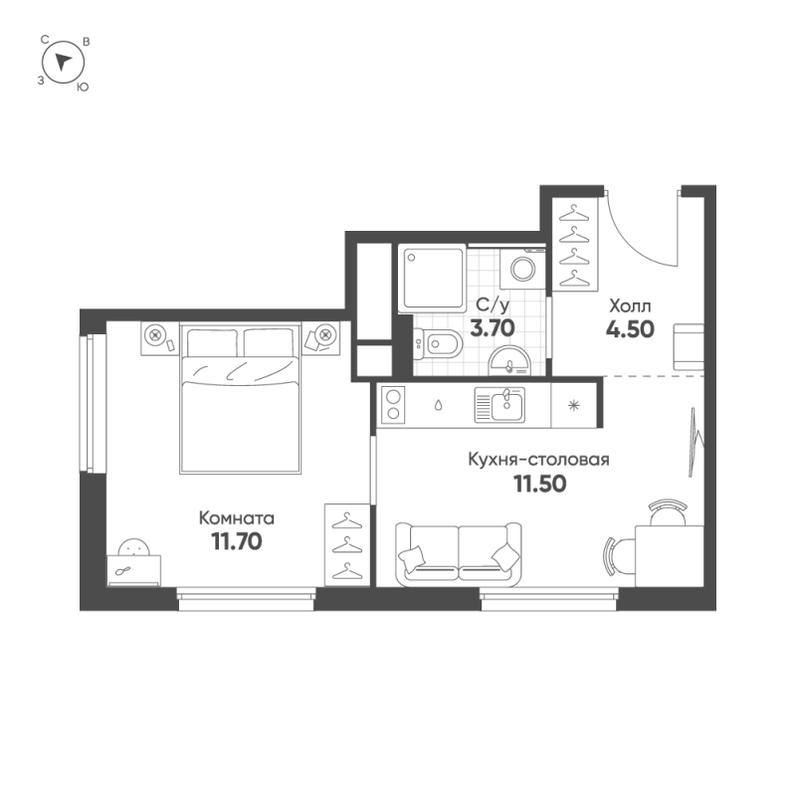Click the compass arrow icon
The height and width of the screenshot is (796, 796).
[x=65, y=63]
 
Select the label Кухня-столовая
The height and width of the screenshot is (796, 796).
[x=538, y=460]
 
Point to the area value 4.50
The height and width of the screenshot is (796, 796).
[x=629, y=329]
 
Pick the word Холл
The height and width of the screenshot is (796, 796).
[x=629, y=305]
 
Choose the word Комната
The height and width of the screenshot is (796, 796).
[x=236, y=517]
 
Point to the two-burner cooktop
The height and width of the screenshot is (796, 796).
[x=392, y=405]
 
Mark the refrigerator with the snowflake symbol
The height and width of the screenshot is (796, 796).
[x=574, y=405]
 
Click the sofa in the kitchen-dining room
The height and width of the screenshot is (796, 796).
[x=459, y=553]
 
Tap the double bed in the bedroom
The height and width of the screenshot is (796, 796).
[x=240, y=399]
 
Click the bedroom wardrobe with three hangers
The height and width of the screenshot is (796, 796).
[x=346, y=544]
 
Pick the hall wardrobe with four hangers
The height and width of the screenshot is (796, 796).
[x=574, y=246]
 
